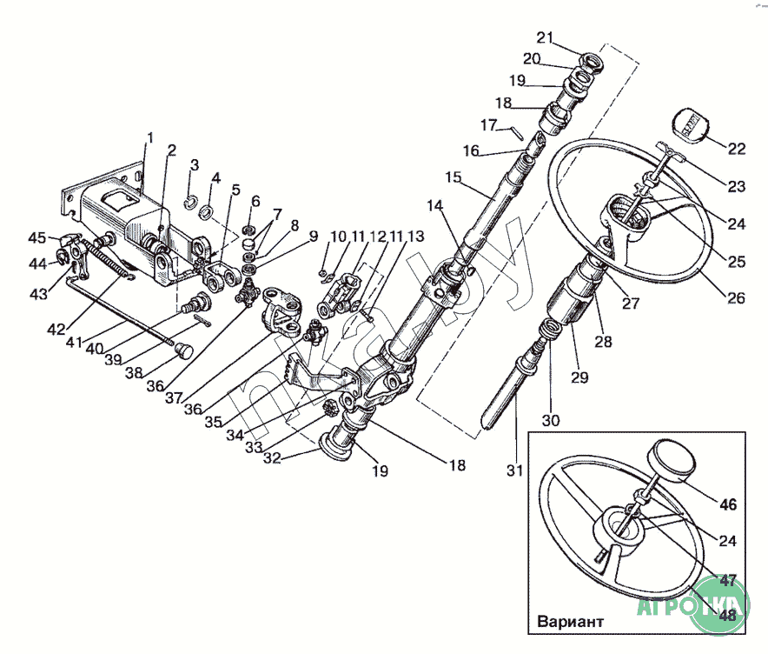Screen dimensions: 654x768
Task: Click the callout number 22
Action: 737,148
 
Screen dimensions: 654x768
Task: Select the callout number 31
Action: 515,470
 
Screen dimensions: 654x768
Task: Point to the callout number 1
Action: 149,137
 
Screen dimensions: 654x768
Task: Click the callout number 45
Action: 36,237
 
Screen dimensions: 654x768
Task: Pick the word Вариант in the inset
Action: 569,623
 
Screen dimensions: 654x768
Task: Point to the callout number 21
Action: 545,37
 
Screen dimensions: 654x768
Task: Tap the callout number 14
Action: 434,205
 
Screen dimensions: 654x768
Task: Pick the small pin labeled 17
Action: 517,133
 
